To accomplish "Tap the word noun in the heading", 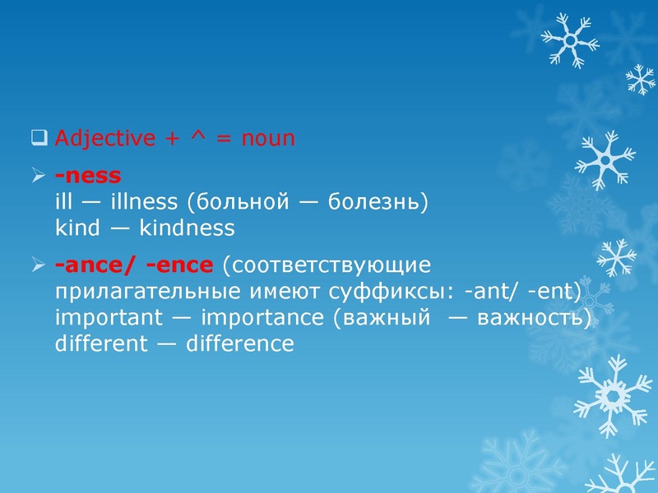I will [267, 138].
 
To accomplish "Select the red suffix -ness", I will [87, 175].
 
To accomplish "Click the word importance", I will [263, 318].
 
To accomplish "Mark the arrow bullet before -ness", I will [38, 175].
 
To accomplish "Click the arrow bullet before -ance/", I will [38, 265].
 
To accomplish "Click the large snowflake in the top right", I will [569, 39].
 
